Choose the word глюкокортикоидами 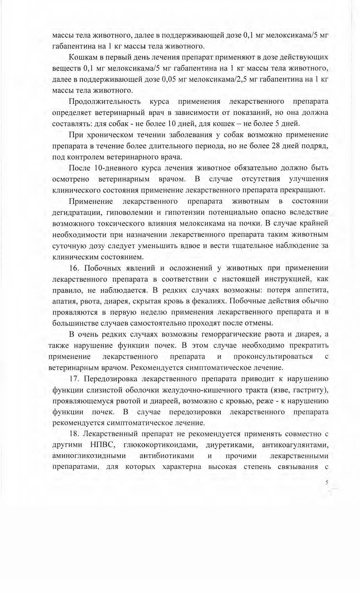160,445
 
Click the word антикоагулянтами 295,445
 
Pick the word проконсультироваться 273,357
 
